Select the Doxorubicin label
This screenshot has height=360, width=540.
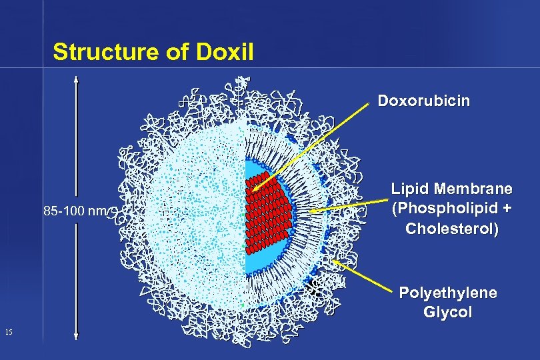point(423,101)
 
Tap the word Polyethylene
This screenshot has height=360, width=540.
point(447,293)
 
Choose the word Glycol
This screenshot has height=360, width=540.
point(447,312)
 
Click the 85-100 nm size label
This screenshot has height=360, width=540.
point(75,211)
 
